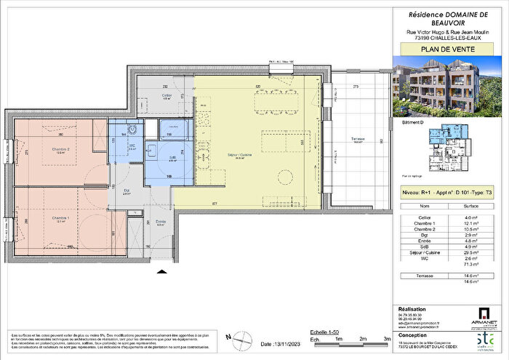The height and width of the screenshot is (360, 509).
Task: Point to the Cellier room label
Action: coord(167,95)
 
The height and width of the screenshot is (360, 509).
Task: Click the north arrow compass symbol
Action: coord(230,337)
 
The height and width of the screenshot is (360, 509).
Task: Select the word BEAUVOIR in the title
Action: coord(446,23)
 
